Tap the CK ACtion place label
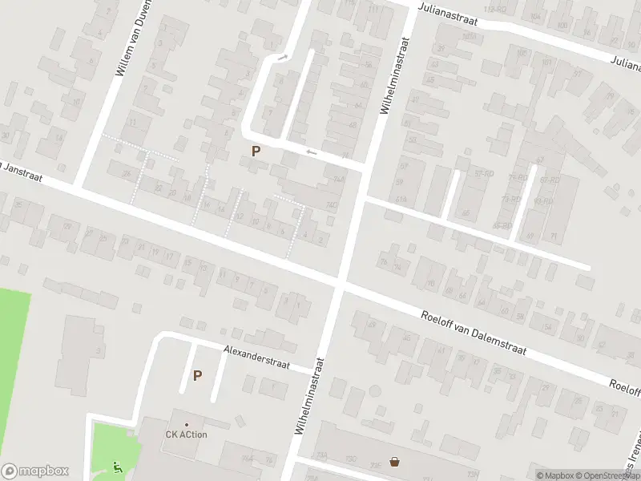pyautogui.click(x=187, y=435)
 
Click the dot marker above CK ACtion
pyautogui.click(x=187, y=424)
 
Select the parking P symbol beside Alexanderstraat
pyautogui.click(x=197, y=375)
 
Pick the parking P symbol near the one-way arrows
pyautogui.click(x=256, y=151)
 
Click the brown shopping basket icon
pyautogui.click(x=394, y=461)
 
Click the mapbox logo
pyautogui.click(x=35, y=471)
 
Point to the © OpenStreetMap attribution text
pyautogui.click(x=611, y=475)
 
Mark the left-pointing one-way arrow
pyautogui.click(x=312, y=152)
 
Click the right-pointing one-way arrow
pyautogui.click(x=282, y=57)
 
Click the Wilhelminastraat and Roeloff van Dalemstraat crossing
pyautogui.click(x=341, y=282)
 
